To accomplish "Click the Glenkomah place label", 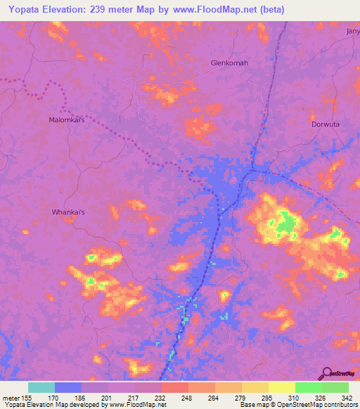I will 230,63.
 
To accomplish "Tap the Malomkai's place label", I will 66,120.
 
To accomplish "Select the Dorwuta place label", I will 325,124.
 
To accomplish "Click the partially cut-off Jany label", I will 352,32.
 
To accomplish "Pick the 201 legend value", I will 106,397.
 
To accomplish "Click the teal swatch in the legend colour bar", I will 41,387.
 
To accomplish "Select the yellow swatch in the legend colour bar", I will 282,387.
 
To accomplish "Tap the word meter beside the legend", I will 10,397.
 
